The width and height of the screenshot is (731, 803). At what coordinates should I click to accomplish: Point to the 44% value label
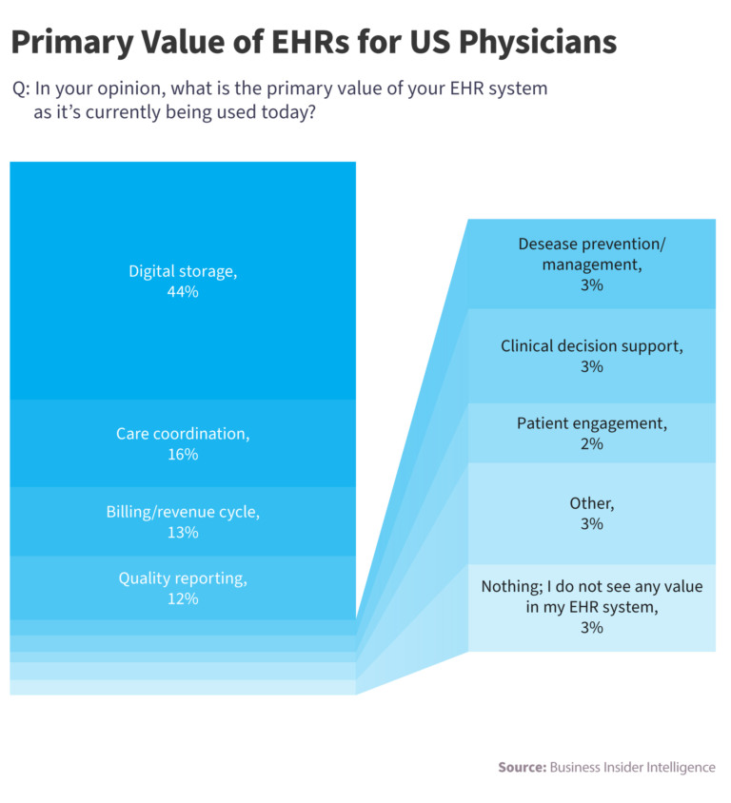pyautogui.click(x=183, y=293)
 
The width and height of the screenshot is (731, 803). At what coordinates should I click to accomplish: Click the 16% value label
pyautogui.click(x=183, y=455)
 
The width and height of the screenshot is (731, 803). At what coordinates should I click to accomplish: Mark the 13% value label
pyautogui.click(x=183, y=533)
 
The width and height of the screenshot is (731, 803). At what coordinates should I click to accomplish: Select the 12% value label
pyautogui.click(x=183, y=599)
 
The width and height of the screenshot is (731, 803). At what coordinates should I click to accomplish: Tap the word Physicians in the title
pyautogui.click(x=534, y=43)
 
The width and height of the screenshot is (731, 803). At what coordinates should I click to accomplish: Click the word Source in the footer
pyautogui.click(x=521, y=767)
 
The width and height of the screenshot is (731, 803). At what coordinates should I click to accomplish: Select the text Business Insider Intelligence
pyautogui.click(x=632, y=767)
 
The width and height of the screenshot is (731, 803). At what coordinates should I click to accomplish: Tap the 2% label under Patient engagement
pyautogui.click(x=591, y=443)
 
